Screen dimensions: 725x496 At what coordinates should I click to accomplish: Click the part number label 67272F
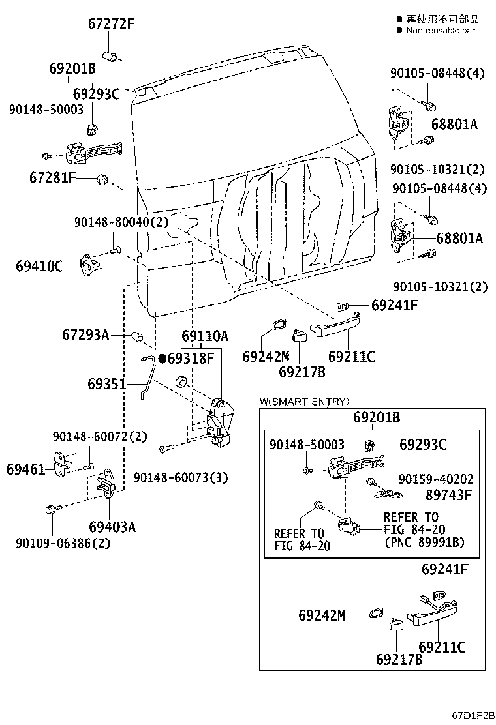tap(111, 25)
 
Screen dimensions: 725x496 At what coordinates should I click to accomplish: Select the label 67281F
tap(53, 177)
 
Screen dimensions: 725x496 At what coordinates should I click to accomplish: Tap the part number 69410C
tap(39, 266)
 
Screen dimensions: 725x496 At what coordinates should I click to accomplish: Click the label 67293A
tap(85, 335)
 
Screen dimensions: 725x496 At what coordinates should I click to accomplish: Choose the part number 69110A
tap(205, 336)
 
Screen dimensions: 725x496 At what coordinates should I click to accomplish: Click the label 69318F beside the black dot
tap(191, 358)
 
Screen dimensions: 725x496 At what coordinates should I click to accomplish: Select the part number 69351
tap(106, 385)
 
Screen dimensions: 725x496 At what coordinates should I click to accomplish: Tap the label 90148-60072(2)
tap(100, 436)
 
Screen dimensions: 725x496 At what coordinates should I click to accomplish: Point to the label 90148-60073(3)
tap(181, 478)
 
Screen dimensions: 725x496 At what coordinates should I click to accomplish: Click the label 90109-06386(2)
tap(63, 543)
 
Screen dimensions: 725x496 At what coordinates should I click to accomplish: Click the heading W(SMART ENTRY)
tap(304, 402)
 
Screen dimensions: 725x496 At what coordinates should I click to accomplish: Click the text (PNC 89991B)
tap(424, 542)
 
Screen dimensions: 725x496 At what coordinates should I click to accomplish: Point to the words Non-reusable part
tap(442, 30)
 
